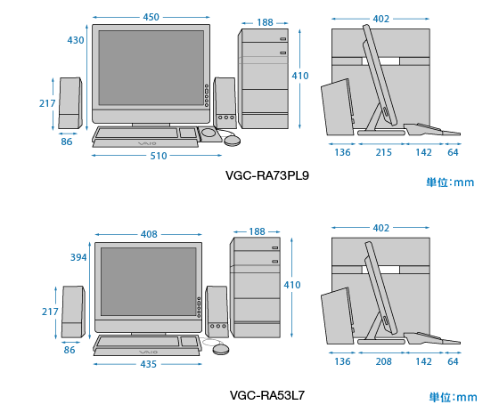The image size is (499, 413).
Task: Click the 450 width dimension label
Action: pyautogui.click(x=151, y=17)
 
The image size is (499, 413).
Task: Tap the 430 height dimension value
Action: pyautogui.click(x=76, y=40)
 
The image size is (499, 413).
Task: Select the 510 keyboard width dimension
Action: pyautogui.click(x=159, y=156)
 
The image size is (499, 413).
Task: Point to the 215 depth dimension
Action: pyautogui.click(x=383, y=152)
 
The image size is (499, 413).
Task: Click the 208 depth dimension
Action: pyautogui.click(x=383, y=361)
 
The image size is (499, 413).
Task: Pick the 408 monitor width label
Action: pyautogui.click(x=149, y=234)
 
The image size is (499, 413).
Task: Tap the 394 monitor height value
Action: pyautogui.click(x=78, y=257)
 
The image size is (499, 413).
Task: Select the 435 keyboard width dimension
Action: pyautogui.click(x=148, y=364)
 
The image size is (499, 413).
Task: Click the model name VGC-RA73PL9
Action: pyautogui.click(x=267, y=175)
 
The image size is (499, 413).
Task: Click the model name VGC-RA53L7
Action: pyautogui.click(x=267, y=395)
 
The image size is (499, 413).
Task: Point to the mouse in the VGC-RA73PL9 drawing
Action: pyautogui.click(x=233, y=141)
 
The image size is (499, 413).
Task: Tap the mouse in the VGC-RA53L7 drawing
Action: pyautogui.click(x=221, y=349)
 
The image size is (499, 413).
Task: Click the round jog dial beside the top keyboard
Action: pyautogui.click(x=209, y=132)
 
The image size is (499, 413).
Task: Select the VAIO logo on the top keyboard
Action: pyautogui.click(x=147, y=143)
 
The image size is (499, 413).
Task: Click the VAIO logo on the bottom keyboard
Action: pyautogui.click(x=148, y=352)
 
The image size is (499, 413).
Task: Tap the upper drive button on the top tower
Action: pyautogui.click(x=283, y=39)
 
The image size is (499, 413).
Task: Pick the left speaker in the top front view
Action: pyautogui.click(x=70, y=102)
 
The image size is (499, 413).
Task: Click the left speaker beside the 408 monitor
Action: pyautogui.click(x=73, y=312)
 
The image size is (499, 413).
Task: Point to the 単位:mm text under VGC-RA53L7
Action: pyautogui.click(x=454, y=397)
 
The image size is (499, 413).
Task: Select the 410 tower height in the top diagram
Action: pyautogui.click(x=300, y=76)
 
